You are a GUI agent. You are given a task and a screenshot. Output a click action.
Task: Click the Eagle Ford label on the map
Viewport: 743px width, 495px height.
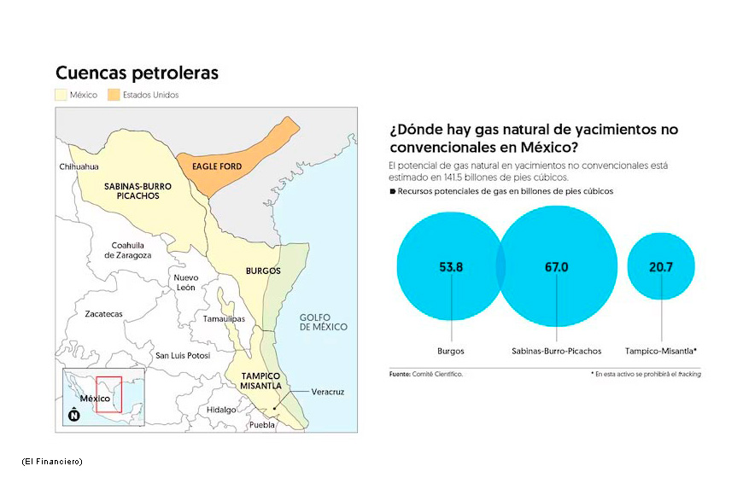(x=217, y=166)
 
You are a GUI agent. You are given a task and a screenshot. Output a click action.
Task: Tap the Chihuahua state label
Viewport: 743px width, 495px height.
(x=79, y=166)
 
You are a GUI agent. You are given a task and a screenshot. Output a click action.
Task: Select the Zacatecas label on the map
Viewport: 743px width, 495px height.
(x=104, y=313)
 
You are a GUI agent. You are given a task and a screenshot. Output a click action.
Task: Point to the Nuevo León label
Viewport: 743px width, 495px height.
(x=186, y=282)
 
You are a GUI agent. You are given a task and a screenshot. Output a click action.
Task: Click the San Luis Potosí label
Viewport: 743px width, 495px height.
(x=183, y=355)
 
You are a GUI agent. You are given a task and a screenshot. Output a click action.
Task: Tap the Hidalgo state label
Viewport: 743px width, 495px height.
(x=221, y=410)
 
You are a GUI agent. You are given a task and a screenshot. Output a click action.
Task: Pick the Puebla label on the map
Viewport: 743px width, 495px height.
(x=262, y=425)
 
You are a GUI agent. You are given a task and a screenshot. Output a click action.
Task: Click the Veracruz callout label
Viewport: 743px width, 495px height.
(x=327, y=392)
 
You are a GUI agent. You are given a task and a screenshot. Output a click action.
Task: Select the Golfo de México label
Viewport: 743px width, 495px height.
(x=323, y=322)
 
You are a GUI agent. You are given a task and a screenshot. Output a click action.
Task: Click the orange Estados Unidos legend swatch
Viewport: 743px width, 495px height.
(x=114, y=95)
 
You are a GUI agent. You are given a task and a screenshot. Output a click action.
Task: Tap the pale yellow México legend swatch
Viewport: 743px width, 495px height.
(x=61, y=95)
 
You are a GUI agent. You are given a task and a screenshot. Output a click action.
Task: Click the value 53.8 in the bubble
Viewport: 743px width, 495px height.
(x=451, y=267)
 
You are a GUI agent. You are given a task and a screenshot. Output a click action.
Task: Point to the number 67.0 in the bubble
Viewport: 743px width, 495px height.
(x=556, y=267)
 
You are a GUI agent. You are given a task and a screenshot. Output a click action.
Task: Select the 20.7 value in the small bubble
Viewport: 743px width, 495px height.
(x=660, y=267)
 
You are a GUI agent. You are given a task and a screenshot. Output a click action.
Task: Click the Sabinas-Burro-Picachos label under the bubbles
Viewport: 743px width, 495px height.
(x=556, y=351)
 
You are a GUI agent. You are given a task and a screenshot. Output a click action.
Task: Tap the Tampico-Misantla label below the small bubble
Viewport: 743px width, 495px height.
(x=660, y=351)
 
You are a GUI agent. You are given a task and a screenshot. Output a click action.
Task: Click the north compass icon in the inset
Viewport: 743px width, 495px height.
(x=74, y=415)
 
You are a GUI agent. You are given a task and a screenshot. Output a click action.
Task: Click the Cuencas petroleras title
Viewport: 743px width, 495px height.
(x=137, y=73)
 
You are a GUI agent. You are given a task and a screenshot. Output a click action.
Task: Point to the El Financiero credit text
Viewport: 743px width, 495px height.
(x=52, y=462)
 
